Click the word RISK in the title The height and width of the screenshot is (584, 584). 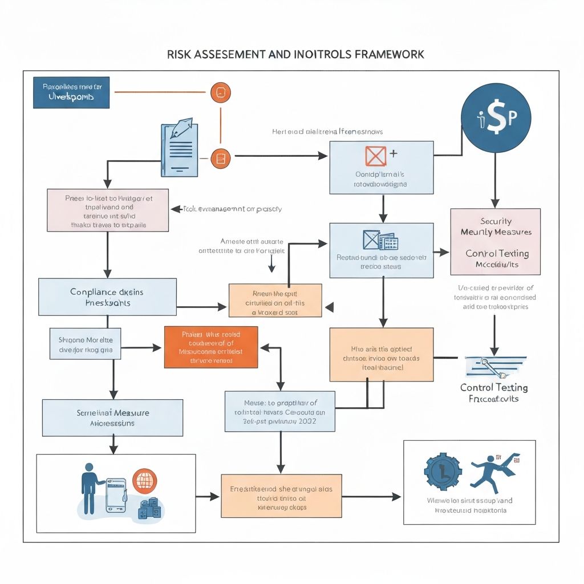coord(179,54)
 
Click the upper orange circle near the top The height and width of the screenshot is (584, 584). coord(221,92)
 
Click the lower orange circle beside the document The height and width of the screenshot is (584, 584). coord(221,158)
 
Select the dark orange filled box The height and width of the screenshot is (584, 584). coord(210,347)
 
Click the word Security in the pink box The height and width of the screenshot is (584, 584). coord(496,221)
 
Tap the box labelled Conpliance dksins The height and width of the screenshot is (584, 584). coord(107,297)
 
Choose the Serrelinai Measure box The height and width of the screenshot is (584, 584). coord(113,417)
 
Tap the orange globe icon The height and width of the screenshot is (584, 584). coord(144,480)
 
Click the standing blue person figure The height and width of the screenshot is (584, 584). coord(89,488)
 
